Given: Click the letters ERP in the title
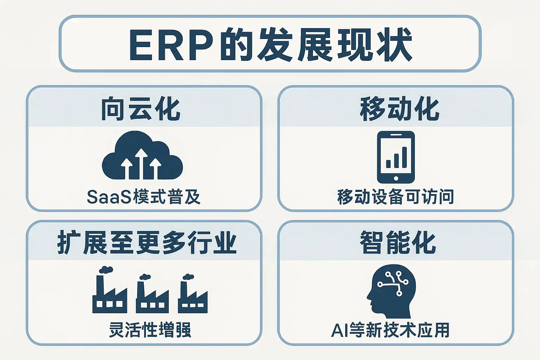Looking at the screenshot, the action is tap(171, 45).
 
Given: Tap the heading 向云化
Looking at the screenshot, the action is tap(141, 109).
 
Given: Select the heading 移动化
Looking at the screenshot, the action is tap(399, 109).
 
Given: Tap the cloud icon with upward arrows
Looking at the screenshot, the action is tap(142, 155).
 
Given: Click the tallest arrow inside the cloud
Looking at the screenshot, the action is tap(141, 163).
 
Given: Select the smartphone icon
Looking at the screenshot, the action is tap(396, 157).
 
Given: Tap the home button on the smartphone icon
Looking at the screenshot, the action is tap(396, 179).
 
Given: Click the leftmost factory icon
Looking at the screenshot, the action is tap(109, 290).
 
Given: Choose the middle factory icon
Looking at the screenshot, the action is tap(152, 294).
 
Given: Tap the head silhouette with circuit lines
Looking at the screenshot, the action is tap(391, 291).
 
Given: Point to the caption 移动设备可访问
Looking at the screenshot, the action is tap(396, 197).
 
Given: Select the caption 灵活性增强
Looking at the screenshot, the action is tap(150, 330).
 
